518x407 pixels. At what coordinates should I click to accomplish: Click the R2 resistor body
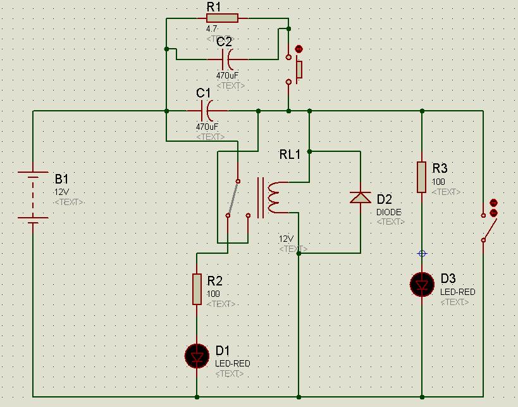click(x=197, y=289)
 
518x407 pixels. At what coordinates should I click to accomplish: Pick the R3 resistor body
click(x=422, y=177)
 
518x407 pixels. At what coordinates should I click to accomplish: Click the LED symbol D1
click(x=197, y=356)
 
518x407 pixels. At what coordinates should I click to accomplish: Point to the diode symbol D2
click(x=360, y=197)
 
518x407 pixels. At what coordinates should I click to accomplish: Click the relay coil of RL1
click(x=274, y=197)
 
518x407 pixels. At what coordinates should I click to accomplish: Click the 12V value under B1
click(x=61, y=191)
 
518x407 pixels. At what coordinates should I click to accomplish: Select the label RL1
click(x=290, y=155)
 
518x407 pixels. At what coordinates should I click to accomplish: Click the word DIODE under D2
click(x=389, y=212)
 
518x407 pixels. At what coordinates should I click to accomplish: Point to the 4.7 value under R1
click(x=212, y=29)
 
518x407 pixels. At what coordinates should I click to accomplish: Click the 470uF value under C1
click(x=207, y=127)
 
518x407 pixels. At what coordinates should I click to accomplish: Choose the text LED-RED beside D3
click(x=458, y=292)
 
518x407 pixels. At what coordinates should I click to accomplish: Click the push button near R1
click(x=297, y=66)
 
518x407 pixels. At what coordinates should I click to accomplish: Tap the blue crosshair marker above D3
click(x=422, y=253)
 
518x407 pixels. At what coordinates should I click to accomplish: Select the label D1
click(x=223, y=351)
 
